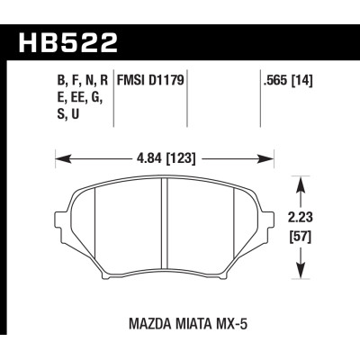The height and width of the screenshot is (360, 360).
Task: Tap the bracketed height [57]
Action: pos(301,239)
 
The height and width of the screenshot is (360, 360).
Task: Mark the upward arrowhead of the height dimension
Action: pos(301,183)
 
